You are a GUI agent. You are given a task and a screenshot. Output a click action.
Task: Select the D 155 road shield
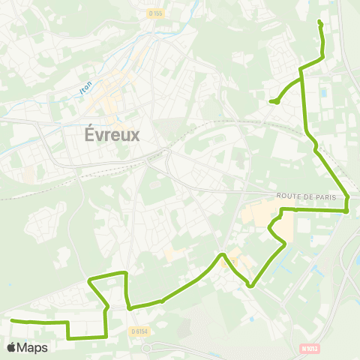[155, 13]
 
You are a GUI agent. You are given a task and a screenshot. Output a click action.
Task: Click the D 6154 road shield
[139, 331]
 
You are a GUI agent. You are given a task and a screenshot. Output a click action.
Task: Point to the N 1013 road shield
[309, 348]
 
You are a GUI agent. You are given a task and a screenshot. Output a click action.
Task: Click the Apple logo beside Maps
[12, 347]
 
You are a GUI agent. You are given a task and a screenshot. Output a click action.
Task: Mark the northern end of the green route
[319, 21]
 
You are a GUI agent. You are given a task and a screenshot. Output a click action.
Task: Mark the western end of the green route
[12, 320]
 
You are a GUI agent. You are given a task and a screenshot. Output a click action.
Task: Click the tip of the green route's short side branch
[271, 101]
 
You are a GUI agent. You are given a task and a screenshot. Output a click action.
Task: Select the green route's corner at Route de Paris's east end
[346, 211]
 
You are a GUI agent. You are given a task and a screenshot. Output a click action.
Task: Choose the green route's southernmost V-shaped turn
[251, 286]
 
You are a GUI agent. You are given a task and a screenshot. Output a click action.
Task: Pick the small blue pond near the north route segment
[323, 94]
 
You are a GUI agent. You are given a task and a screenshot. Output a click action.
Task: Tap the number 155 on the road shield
[157, 13]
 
